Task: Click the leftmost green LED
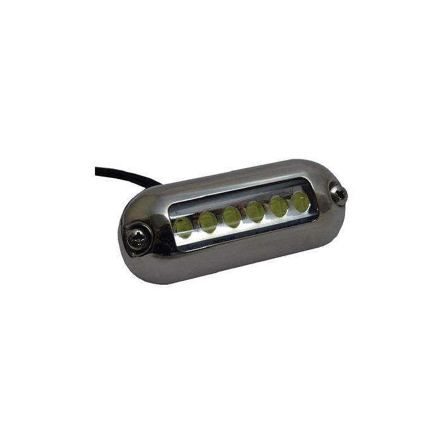(183, 227)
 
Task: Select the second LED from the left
(208, 221)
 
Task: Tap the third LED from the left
(232, 216)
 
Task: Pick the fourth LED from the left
(255, 211)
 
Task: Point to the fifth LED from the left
(278, 206)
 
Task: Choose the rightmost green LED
(300, 202)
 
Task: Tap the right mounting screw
(340, 195)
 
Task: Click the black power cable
(120, 175)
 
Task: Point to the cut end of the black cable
(97, 170)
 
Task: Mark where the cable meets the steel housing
(155, 186)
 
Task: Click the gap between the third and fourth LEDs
(244, 215)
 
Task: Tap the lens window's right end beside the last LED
(313, 201)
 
